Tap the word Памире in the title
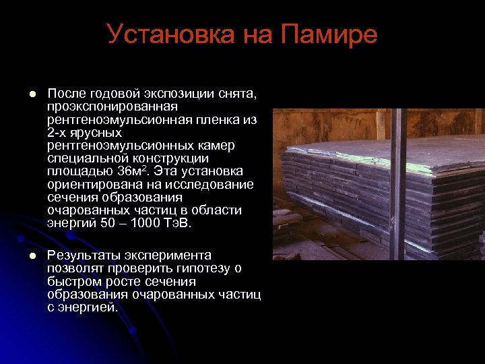click(x=327, y=35)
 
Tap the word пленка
click(x=218, y=119)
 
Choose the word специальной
click(x=86, y=158)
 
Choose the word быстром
click(x=75, y=282)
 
